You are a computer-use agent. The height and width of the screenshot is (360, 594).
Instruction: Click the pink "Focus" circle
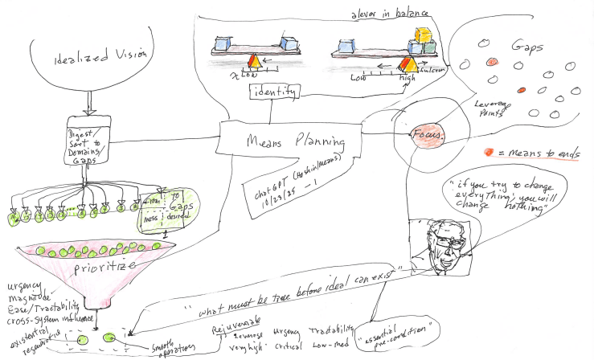click(x=427, y=136)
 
